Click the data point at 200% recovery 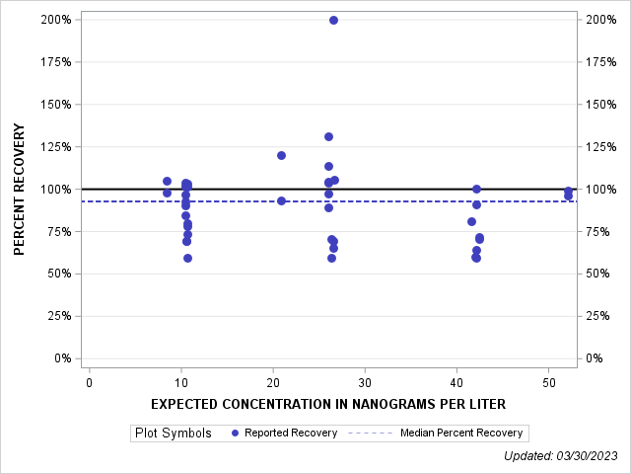point(333,20)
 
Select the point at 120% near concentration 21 point(281,155)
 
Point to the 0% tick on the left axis point(62,358)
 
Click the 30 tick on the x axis point(365,382)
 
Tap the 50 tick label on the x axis point(548,382)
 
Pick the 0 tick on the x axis point(90,382)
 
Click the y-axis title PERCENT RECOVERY point(20,189)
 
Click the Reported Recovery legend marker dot point(234,433)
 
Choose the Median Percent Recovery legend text point(461,433)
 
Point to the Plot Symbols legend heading point(173,433)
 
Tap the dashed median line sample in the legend point(371,433)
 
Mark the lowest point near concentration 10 point(187,258)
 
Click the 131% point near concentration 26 point(328,136)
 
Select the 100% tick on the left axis point(56,189)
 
